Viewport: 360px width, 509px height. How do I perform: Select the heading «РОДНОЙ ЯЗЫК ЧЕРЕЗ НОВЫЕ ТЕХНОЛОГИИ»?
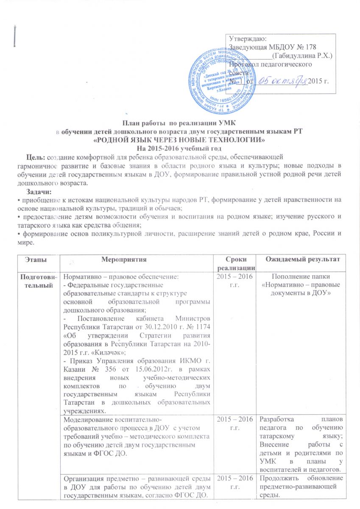pyautogui.click(x=179, y=140)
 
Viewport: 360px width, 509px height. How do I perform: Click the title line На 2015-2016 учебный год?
pyautogui.click(x=179, y=147)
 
